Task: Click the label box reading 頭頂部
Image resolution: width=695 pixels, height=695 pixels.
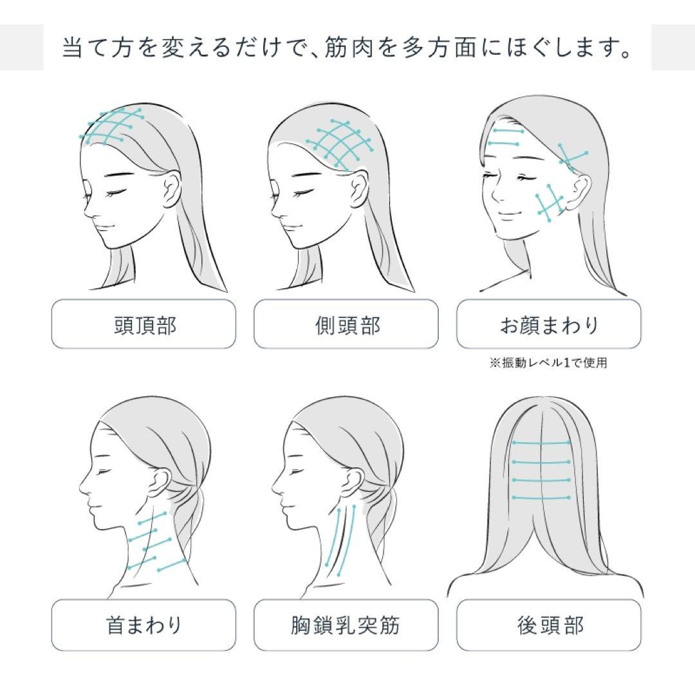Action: click(144, 324)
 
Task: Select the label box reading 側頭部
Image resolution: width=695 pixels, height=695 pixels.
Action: click(346, 324)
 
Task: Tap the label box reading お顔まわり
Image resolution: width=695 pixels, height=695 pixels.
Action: click(549, 324)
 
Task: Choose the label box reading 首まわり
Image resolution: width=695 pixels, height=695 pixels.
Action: click(144, 625)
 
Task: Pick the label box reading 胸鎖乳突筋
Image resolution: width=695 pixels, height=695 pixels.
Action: click(346, 625)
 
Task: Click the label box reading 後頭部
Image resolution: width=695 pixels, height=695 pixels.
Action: click(549, 625)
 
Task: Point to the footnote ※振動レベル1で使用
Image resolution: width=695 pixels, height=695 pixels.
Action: click(548, 362)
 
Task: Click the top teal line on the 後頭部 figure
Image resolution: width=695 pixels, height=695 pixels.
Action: click(541, 443)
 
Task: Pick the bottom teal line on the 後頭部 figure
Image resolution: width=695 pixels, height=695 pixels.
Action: click(541, 497)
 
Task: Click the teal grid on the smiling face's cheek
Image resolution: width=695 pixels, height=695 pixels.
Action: click(550, 203)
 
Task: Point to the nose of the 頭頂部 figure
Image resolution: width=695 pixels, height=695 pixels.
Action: click(88, 207)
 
